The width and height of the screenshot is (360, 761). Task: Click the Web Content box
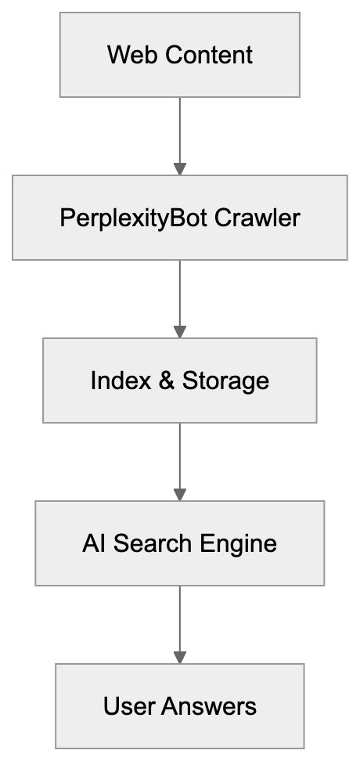179,55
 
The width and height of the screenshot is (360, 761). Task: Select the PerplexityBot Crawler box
179,218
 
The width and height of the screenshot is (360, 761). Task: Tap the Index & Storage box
179,380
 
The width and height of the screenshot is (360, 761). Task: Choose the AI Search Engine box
179,543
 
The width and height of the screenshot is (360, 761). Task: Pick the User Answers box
179,706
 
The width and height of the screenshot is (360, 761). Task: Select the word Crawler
257,218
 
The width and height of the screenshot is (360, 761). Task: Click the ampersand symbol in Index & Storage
165,380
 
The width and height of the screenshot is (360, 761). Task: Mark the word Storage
225,380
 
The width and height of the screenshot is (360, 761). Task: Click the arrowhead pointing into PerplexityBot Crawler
180,168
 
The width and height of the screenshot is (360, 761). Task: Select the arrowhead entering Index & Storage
180,331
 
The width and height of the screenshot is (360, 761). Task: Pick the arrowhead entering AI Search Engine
180,494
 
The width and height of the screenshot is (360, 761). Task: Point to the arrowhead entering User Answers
180,657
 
